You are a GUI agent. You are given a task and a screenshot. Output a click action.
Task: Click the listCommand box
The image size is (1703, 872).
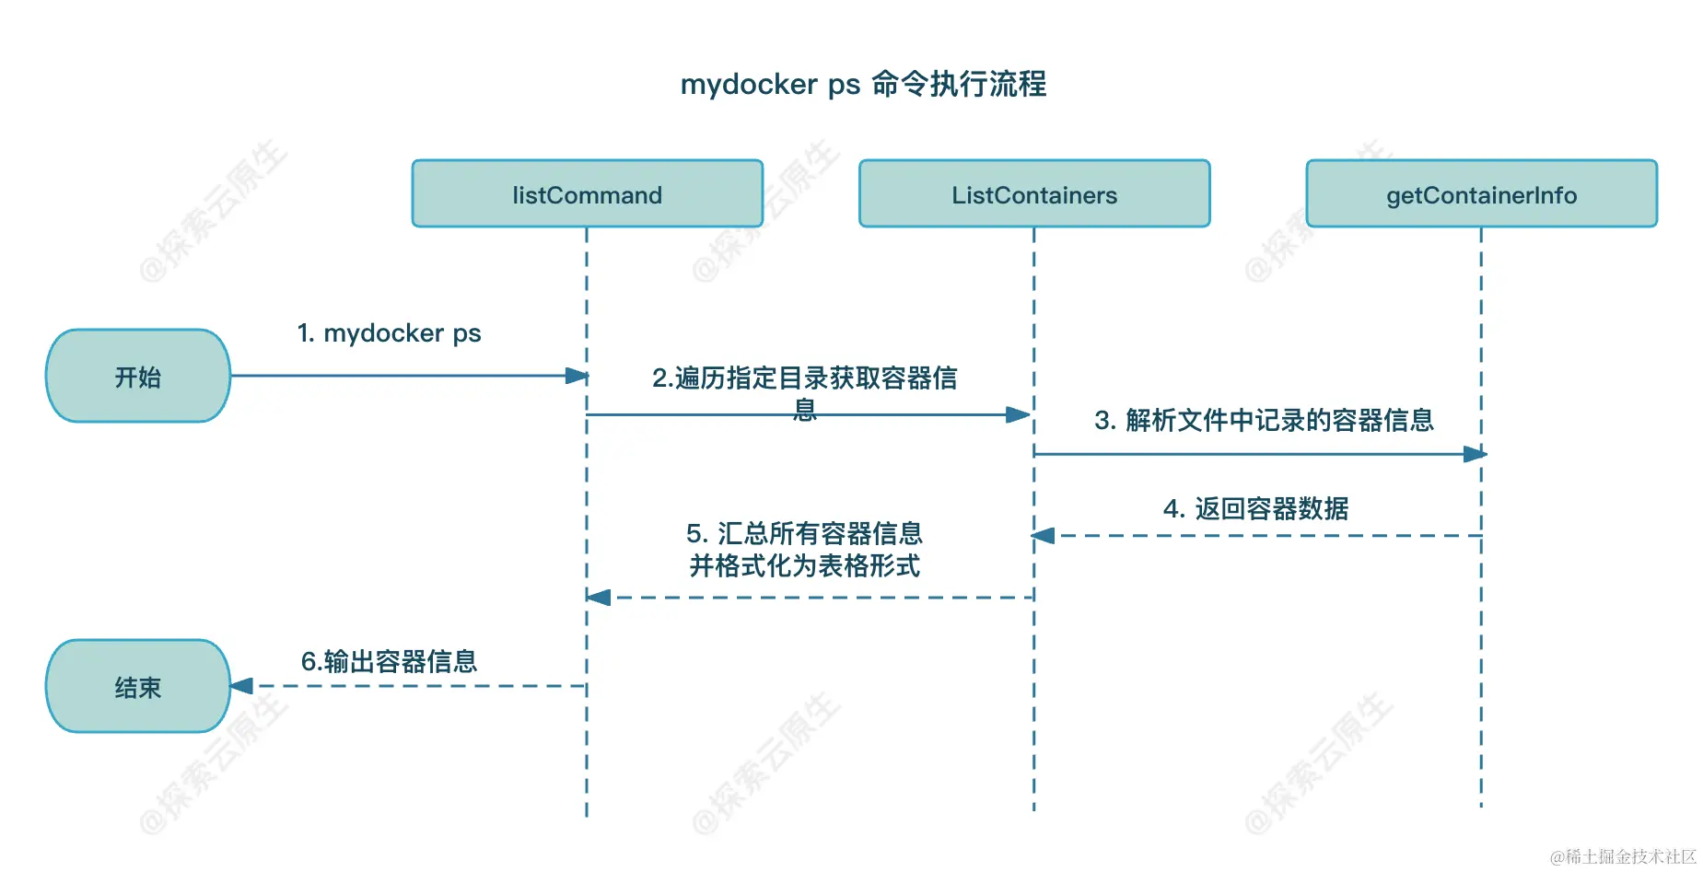pyautogui.click(x=587, y=194)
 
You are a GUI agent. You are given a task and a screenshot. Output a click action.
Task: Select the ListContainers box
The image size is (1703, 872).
pyautogui.click(x=1033, y=194)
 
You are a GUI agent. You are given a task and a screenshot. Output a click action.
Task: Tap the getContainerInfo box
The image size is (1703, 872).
pyautogui.click(x=1481, y=194)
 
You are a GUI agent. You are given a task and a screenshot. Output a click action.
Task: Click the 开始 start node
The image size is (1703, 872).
pyautogui.click(x=138, y=377)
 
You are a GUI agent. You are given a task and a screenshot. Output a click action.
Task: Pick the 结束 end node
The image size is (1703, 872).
pyautogui.click(x=138, y=687)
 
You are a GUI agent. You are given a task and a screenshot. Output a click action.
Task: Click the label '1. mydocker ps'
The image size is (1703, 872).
pyautogui.click(x=389, y=333)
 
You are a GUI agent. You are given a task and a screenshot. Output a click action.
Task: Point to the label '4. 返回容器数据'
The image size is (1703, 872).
pyautogui.click(x=1255, y=508)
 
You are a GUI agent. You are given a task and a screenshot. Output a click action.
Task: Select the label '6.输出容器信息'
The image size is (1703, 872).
pyautogui.click(x=389, y=661)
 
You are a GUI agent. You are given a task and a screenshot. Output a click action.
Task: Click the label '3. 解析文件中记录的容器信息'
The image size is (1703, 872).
pyautogui.click(x=1264, y=421)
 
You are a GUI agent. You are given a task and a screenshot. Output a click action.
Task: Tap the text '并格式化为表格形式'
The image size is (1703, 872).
pyautogui.click(x=804, y=565)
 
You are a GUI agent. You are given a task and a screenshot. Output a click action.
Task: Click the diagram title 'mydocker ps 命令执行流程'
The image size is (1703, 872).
pyautogui.click(x=863, y=84)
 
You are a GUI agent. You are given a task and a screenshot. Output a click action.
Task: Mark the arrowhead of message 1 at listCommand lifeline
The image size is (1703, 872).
pyautogui.click(x=577, y=376)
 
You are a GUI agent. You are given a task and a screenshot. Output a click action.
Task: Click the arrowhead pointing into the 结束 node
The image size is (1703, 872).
pyautogui.click(x=241, y=686)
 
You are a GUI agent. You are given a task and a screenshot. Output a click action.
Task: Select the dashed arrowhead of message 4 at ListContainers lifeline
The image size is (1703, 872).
pyautogui.click(x=1044, y=536)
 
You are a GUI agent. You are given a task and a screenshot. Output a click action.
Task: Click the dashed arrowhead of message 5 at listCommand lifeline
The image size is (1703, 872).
pyautogui.click(x=599, y=598)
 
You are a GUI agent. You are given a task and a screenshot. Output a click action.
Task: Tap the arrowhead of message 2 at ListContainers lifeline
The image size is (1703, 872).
pyautogui.click(x=1018, y=415)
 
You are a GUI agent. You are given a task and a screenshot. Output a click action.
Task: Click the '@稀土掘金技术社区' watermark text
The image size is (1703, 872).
pyautogui.click(x=1623, y=856)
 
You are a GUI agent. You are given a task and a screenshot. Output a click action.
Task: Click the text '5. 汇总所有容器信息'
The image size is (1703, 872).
pyautogui.click(x=804, y=533)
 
